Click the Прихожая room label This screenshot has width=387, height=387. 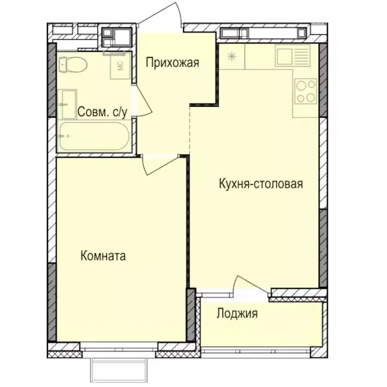173,63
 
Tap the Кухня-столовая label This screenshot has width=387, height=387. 261,183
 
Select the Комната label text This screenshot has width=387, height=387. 103,256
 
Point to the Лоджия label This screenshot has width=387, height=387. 237,314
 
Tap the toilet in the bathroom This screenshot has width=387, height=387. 72,64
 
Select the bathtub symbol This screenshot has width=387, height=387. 94,136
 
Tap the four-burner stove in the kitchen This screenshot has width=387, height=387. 306,91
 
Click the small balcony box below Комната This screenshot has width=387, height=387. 119,370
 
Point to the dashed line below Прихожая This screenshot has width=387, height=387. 190,128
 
